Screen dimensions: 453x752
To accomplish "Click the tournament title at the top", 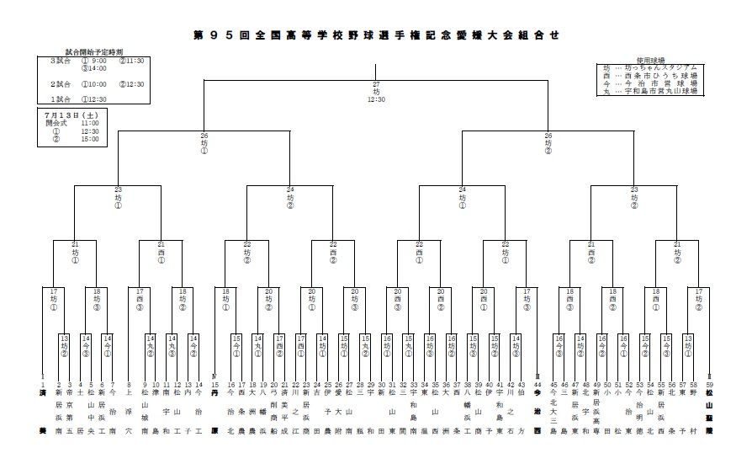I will (375, 35).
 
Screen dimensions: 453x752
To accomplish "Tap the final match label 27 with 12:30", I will (376, 92).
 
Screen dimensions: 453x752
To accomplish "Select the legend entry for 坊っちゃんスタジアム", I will (652, 67).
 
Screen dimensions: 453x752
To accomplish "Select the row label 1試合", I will (60, 99).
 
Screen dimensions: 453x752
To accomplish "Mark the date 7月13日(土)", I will (71, 114).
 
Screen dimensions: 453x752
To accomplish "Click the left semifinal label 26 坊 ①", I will (204, 143).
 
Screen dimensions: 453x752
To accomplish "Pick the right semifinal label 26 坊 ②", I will (548, 143).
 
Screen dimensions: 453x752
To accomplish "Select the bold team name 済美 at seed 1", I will (41, 411).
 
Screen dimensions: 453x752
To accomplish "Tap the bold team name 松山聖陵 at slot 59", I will (710, 411).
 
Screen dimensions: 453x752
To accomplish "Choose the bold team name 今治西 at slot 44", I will (538, 411).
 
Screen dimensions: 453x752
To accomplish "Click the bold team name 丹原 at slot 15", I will (214, 411).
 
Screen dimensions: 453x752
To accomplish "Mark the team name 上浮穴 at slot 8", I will (129, 411).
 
